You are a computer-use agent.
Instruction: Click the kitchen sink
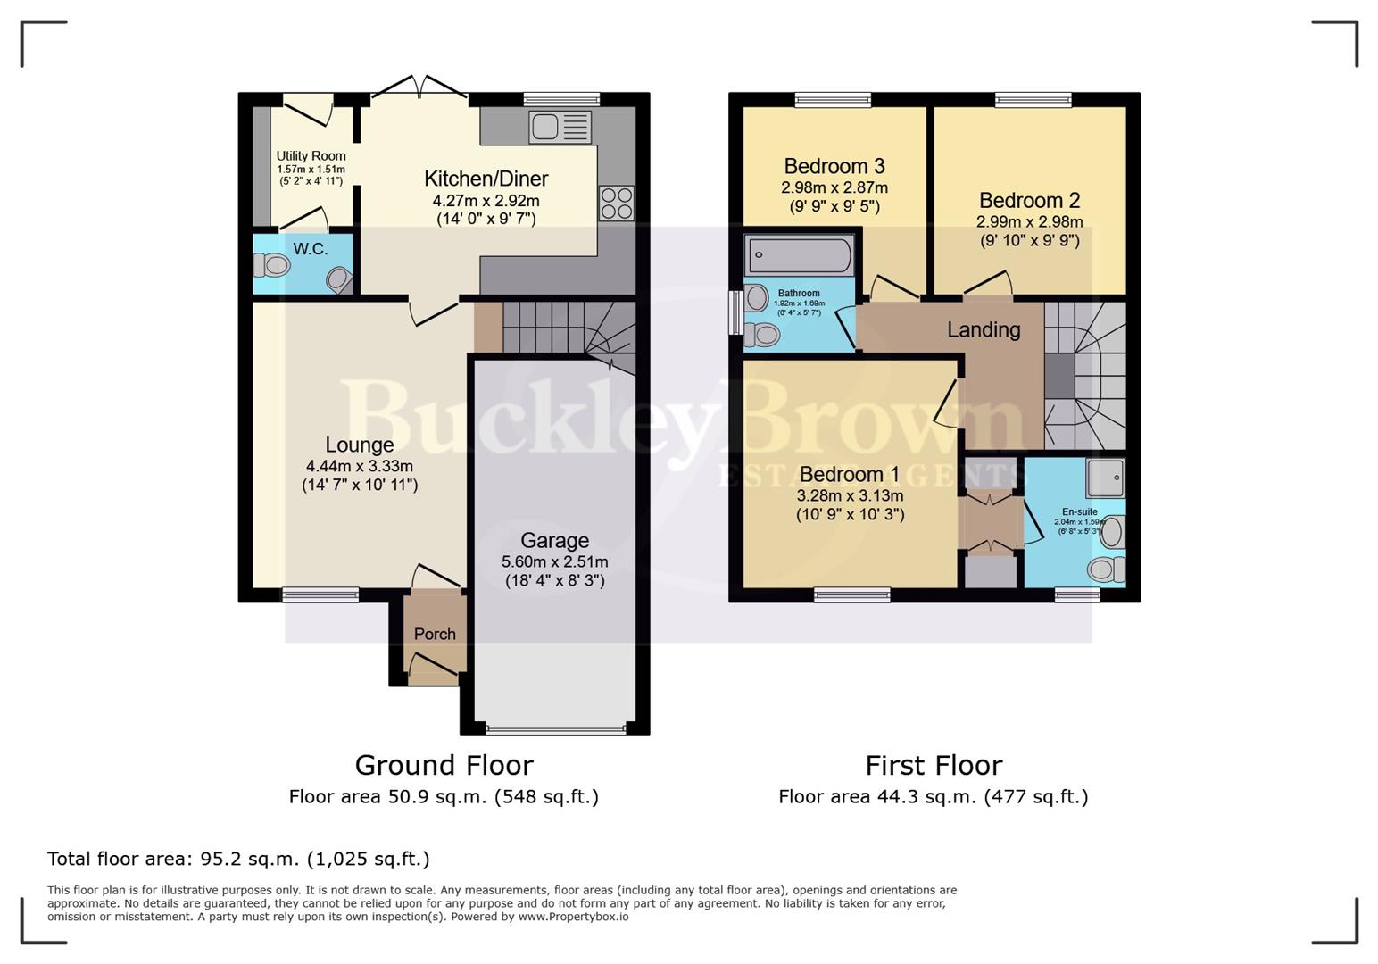(560, 128)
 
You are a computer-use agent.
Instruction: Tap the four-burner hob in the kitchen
(616, 203)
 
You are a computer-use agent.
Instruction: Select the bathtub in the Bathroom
(799, 255)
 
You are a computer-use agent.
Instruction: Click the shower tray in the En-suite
(1105, 478)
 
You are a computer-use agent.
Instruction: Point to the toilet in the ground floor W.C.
(272, 265)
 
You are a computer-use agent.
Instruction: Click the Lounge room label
(359, 445)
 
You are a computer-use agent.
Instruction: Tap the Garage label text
(554, 540)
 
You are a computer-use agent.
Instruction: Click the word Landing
(984, 329)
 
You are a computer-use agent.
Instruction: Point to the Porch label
(435, 634)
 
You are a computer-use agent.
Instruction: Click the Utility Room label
(311, 156)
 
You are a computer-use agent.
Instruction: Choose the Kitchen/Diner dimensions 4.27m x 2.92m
(486, 201)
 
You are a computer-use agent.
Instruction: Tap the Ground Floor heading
(444, 765)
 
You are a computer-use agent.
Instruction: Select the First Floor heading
(934, 765)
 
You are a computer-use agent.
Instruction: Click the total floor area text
(238, 859)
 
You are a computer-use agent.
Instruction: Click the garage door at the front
(555, 730)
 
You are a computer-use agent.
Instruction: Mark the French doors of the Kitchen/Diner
(419, 89)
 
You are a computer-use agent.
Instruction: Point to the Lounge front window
(320, 594)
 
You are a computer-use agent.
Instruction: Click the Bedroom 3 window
(833, 99)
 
